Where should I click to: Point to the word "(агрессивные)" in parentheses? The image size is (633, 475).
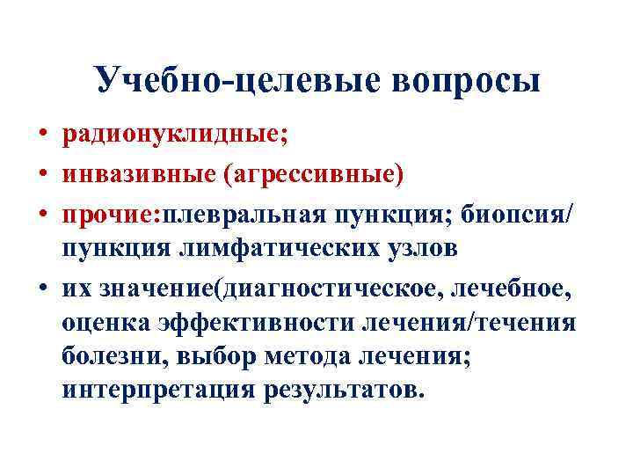[313, 174]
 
